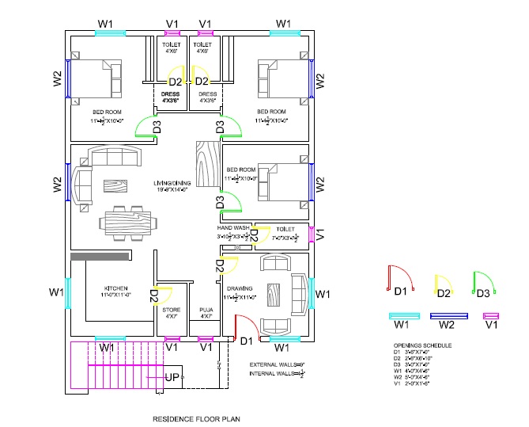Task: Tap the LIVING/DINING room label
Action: click(x=171, y=185)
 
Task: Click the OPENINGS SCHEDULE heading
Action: click(x=422, y=346)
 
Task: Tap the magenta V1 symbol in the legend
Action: click(x=490, y=315)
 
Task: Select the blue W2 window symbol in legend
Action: click(x=446, y=315)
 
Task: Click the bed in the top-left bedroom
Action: click(x=95, y=78)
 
